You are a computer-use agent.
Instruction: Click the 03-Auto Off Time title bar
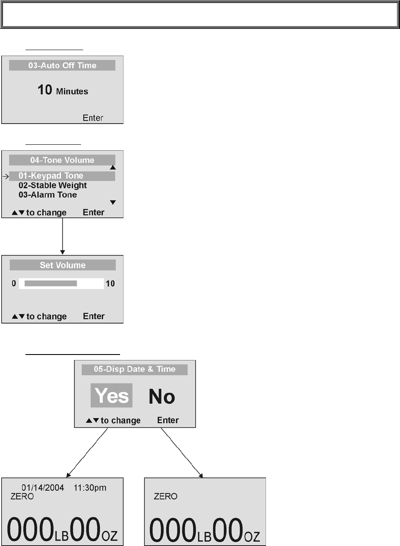(62, 65)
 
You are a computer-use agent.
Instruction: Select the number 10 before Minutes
(45, 90)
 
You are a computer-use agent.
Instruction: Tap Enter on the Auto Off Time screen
(93, 118)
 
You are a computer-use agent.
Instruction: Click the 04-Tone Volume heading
(62, 160)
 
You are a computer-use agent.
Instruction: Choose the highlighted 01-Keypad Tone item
(51, 176)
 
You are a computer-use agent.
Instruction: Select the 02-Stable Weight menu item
(53, 186)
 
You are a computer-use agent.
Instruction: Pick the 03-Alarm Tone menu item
(48, 195)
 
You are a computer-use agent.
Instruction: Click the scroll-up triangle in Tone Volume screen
(113, 167)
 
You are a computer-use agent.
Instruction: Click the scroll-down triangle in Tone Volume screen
(113, 203)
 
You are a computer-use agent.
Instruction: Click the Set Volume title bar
(62, 265)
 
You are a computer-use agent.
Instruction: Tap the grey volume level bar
(51, 284)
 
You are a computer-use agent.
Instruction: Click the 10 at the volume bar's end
(110, 284)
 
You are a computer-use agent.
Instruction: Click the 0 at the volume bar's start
(14, 284)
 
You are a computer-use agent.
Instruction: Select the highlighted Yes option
(112, 396)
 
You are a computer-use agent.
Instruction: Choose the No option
(162, 397)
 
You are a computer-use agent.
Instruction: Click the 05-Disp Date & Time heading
(134, 369)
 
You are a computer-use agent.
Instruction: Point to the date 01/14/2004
(43, 488)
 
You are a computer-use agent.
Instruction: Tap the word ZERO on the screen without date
(165, 496)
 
